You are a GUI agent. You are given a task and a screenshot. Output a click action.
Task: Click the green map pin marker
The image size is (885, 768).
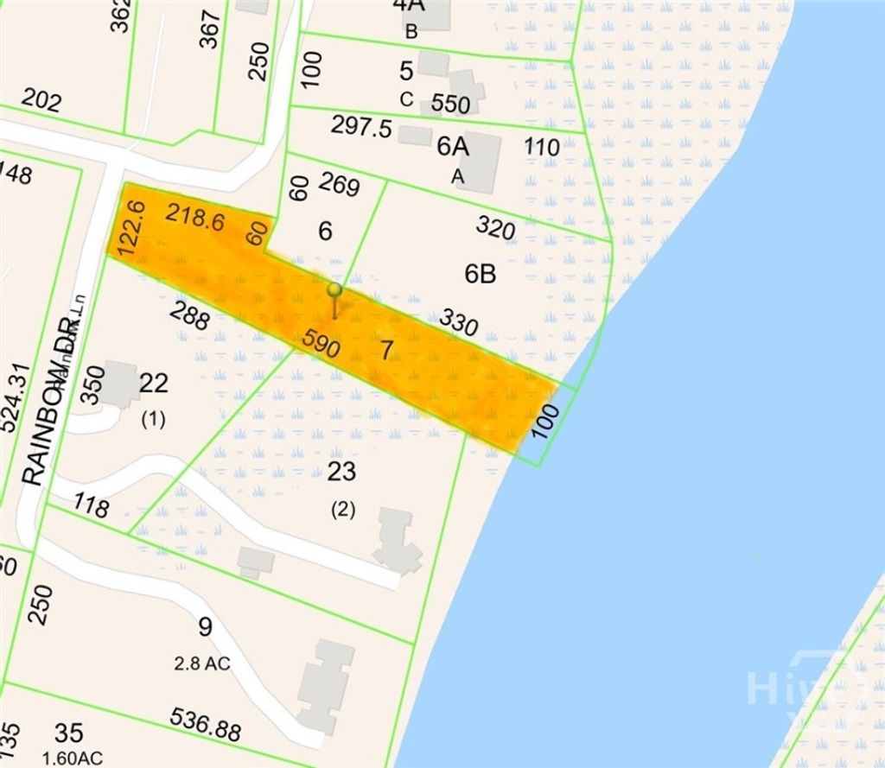[x=334, y=291]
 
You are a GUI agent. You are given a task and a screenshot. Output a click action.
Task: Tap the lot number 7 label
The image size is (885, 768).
[x=386, y=351]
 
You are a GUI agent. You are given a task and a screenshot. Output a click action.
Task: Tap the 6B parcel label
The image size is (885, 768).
[x=480, y=275]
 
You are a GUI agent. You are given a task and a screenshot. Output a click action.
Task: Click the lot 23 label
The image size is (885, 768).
[x=342, y=472]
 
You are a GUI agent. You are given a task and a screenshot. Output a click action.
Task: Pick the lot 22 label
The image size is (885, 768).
[x=153, y=383]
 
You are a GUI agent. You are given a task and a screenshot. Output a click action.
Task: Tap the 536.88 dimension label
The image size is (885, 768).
[x=206, y=726]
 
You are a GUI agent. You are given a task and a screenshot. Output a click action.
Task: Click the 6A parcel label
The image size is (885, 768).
[x=452, y=147]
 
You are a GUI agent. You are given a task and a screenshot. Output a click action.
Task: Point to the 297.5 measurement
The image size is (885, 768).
[x=361, y=127]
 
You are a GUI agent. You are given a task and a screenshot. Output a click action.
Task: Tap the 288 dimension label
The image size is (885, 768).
[x=189, y=316]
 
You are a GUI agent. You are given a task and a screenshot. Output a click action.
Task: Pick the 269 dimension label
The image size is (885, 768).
[x=339, y=184]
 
